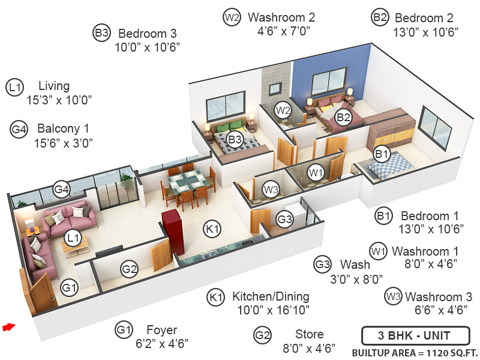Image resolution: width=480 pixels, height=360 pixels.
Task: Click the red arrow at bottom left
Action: pyautogui.click(x=8, y=327)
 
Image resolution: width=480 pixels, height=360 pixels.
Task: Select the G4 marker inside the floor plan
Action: pyautogui.click(x=62, y=190)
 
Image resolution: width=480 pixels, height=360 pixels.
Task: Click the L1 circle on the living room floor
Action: pyautogui.click(x=73, y=239)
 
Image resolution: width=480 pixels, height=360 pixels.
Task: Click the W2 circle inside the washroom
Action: pyautogui.click(x=283, y=110)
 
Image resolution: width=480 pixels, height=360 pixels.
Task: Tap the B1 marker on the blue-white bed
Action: pyautogui.click(x=382, y=155)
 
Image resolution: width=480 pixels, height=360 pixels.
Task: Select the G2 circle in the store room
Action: pyautogui.click(x=130, y=269)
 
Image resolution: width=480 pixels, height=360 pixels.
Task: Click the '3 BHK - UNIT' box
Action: pyautogui.click(x=406, y=335)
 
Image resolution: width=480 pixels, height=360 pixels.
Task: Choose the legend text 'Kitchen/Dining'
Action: pyautogui.click(x=271, y=296)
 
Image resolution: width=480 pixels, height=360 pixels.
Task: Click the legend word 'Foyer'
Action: pyautogui.click(x=162, y=330)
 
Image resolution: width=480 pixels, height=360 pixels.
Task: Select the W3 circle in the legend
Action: pyautogui.click(x=394, y=296)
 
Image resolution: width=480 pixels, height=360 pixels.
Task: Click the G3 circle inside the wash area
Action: pyautogui.click(x=285, y=220)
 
